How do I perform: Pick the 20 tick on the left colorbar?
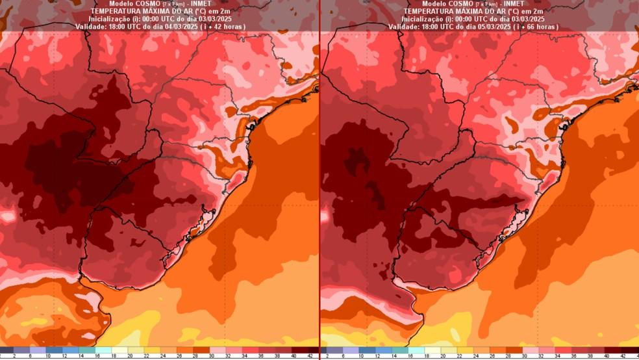point(129,356)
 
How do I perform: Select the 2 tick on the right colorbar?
point(327,356)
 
